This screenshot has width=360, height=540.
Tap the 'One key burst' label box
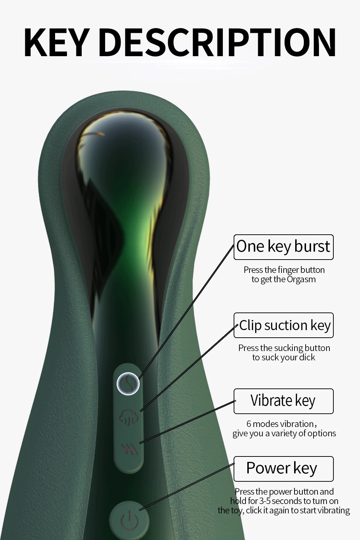[x=283, y=247]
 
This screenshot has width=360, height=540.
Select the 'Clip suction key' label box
[x=283, y=325]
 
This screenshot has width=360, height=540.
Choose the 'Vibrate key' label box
[x=283, y=401]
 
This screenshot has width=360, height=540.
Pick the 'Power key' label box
[x=283, y=469]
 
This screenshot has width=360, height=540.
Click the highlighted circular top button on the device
[x=129, y=384]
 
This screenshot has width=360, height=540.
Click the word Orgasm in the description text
[x=301, y=279]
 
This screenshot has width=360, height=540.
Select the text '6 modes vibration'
[x=280, y=424]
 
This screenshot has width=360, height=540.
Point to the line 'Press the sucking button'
[x=284, y=348]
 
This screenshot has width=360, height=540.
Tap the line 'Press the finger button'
[x=284, y=270]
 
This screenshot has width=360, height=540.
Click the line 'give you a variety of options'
[x=284, y=433]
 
